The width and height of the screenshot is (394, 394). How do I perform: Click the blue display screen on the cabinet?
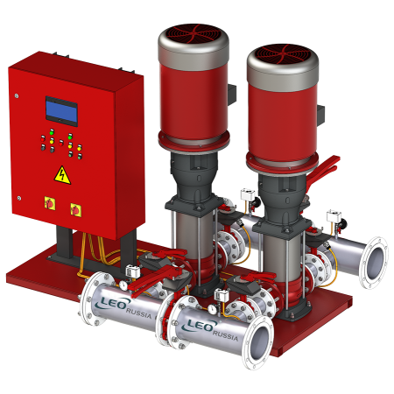[61, 111]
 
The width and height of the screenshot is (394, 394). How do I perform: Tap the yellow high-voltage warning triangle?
[62, 176]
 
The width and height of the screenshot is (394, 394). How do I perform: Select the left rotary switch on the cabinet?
[50, 203]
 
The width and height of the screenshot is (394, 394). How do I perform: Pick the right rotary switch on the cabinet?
[76, 210]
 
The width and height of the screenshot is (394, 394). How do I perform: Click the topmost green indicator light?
[52, 132]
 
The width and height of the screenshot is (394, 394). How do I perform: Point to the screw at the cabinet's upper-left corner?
[17, 95]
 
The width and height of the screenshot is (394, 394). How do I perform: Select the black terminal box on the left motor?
[232, 95]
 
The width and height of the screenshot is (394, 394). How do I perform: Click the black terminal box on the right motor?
[320, 116]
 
